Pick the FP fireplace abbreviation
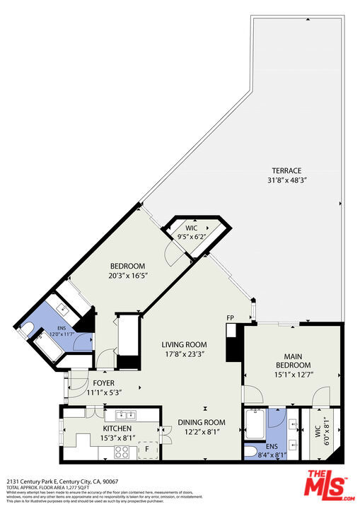(x=230, y=317)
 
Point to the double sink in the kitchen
(x=126, y=415)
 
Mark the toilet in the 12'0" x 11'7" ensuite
(x=28, y=327)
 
